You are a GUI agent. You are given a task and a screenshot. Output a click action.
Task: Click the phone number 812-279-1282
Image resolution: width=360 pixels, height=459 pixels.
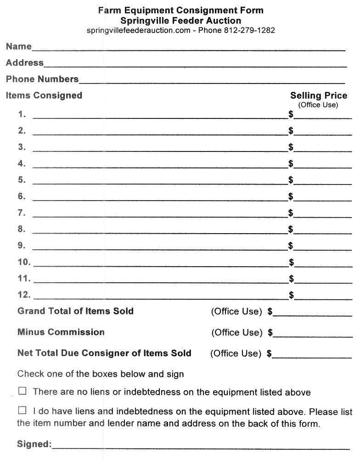pos(249,30)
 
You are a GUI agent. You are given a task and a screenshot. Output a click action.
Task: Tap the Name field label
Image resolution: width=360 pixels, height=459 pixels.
pos(19,46)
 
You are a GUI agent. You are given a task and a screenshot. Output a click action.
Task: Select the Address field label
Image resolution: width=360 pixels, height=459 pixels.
pos(25,62)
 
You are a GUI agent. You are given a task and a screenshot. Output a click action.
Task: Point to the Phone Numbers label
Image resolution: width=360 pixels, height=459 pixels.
pos(42,79)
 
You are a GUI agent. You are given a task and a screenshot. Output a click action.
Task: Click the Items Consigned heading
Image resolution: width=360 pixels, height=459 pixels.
pos(44,95)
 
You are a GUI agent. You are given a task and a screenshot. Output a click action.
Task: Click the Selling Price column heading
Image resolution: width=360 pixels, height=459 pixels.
pos(319,95)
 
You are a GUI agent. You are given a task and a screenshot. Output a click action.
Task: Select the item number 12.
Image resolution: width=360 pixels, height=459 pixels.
pos(24,295)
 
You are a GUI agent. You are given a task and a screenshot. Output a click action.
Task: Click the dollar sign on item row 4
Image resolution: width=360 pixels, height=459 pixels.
pos(291,163)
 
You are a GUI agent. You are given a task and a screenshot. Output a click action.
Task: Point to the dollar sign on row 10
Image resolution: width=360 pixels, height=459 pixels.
pos(291,262)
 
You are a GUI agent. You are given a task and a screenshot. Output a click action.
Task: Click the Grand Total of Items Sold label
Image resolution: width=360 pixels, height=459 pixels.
pos(75,311)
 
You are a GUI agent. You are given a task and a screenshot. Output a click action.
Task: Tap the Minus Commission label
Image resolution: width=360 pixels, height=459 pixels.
pos(61,332)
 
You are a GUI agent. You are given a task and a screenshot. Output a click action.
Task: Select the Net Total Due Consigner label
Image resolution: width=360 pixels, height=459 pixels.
pos(104,353)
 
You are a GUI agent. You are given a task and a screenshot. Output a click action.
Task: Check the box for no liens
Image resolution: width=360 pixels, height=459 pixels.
pos(22,392)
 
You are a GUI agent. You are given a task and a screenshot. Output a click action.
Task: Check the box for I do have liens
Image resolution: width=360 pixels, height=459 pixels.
pos(22,410)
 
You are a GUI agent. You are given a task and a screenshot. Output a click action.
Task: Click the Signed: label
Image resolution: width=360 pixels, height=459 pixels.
pos(34,444)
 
